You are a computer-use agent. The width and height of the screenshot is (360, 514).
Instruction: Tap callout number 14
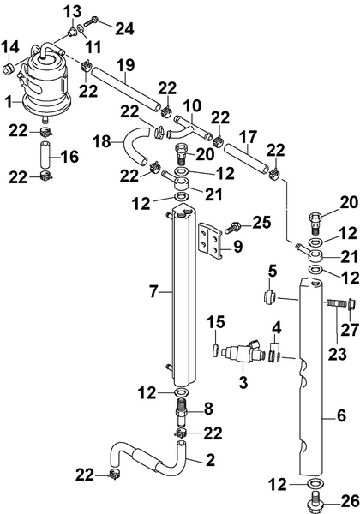tap(12, 46)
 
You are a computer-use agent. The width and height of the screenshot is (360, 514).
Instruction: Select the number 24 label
tap(126, 28)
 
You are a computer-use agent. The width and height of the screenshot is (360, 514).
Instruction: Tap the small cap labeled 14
tap(9, 64)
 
